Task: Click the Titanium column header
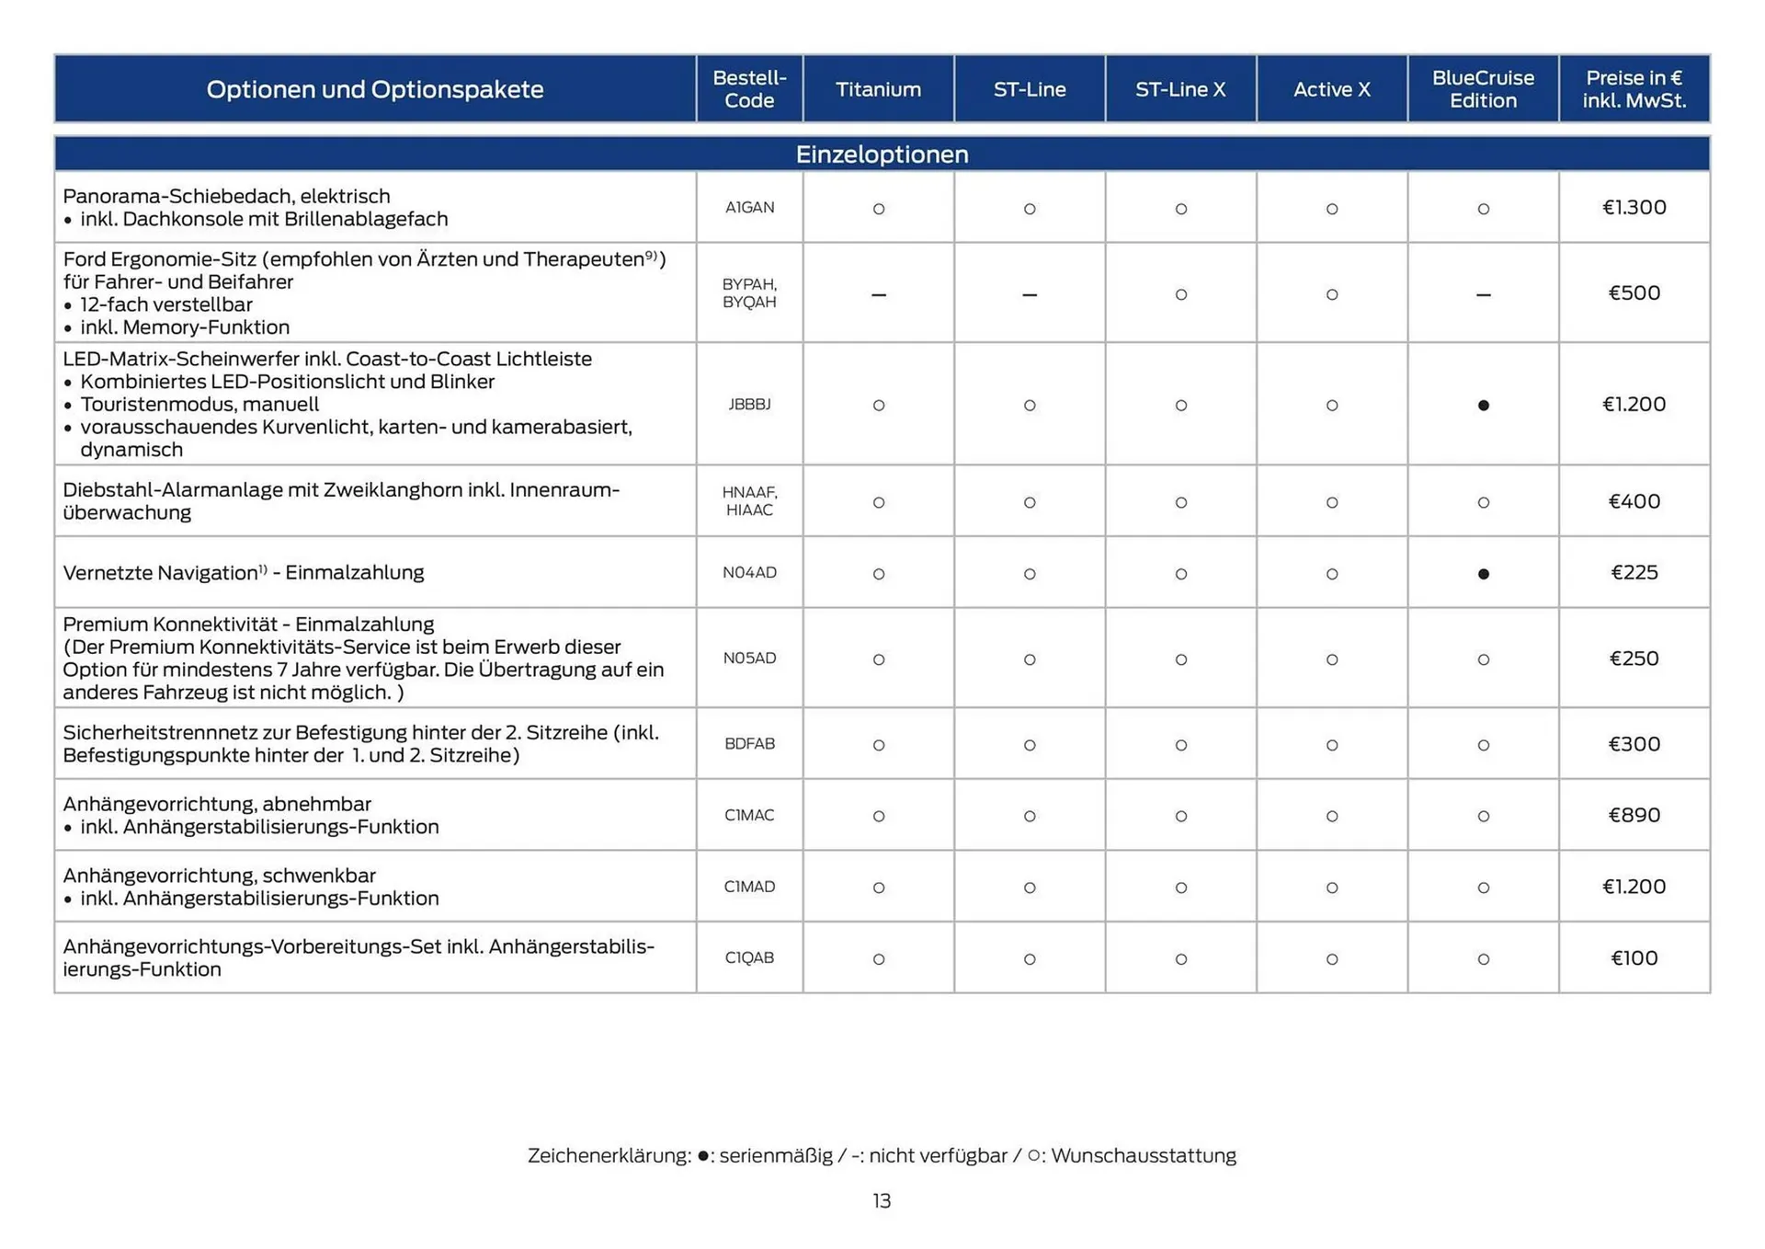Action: coord(878,89)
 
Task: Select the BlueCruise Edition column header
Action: coord(1482,89)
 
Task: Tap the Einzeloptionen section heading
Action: coord(882,154)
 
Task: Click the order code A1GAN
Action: coord(749,208)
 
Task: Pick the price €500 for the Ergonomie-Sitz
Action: coord(1634,293)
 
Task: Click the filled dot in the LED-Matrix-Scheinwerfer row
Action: coord(1483,406)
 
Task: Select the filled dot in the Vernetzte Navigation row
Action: coord(1483,574)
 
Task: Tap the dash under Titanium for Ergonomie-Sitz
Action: coord(878,295)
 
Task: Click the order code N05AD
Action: coord(749,659)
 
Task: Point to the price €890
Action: coord(1634,816)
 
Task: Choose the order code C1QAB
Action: coord(749,958)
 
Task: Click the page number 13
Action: coord(882,1201)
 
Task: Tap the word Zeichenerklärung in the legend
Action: coord(609,1156)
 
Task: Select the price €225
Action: coord(1634,573)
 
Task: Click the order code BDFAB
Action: coord(749,744)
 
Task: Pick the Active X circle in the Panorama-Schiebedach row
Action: coord(1331,210)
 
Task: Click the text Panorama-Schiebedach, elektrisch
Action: coord(226,196)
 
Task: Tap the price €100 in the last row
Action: coord(1634,958)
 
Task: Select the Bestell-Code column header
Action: coord(749,89)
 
